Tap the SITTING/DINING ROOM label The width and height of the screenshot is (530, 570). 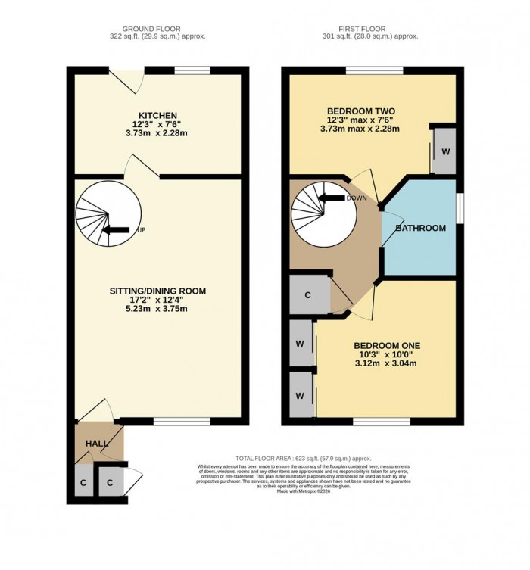click(x=157, y=290)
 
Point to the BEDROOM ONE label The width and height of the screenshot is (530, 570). click(x=387, y=346)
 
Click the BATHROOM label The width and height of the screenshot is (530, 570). click(x=420, y=228)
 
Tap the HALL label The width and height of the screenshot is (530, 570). click(x=96, y=444)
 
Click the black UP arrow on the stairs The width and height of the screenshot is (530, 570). click(x=115, y=231)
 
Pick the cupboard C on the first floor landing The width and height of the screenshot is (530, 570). click(x=309, y=296)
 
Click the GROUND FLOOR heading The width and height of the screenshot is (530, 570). click(x=158, y=27)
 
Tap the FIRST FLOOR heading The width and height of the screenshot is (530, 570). click(x=369, y=27)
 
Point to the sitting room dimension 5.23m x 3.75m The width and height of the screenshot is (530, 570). click(x=157, y=309)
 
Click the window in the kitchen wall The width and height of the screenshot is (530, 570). click(x=192, y=71)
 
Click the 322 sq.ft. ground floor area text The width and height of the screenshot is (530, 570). click(x=158, y=36)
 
